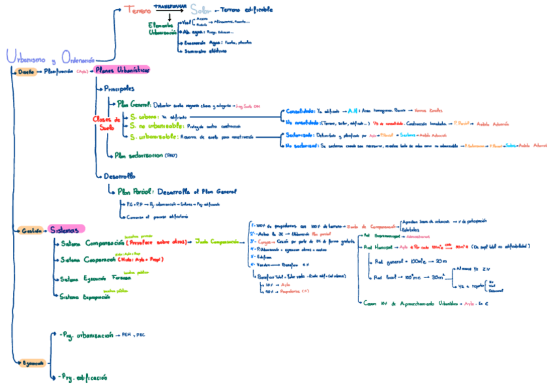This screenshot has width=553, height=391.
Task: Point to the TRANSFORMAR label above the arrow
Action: coord(170,5)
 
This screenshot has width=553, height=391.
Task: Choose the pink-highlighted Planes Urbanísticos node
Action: coord(121,70)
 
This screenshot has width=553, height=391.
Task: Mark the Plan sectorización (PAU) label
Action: coord(145,155)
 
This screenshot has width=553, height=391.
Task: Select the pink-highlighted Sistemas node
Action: coord(67,229)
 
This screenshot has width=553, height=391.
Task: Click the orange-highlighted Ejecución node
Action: coord(31,362)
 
